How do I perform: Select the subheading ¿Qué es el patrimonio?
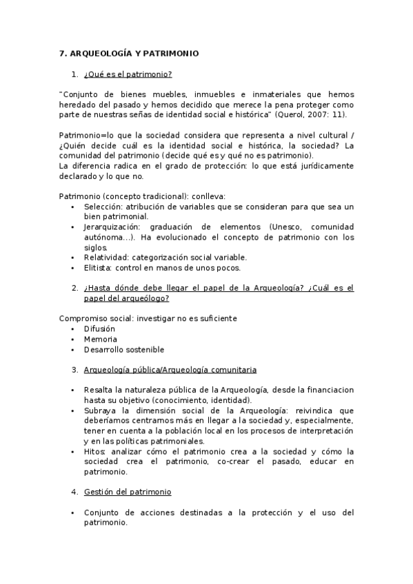pos(128,74)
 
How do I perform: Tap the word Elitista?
pos(97,268)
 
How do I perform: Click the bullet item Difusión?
pos(99,328)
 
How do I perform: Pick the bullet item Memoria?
pos(101,339)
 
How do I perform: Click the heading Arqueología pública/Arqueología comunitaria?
pos(170,369)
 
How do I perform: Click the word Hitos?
pos(95,452)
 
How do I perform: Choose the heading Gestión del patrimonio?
pos(128,492)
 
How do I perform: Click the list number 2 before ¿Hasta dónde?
pos(74,288)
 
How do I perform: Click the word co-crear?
pos(233,461)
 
